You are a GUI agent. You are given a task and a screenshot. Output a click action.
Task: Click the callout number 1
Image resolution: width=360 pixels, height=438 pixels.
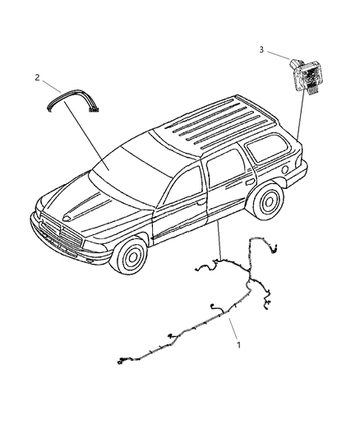(x=239, y=345)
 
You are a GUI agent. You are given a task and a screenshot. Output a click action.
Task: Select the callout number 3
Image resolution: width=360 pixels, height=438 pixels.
(x=261, y=50)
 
